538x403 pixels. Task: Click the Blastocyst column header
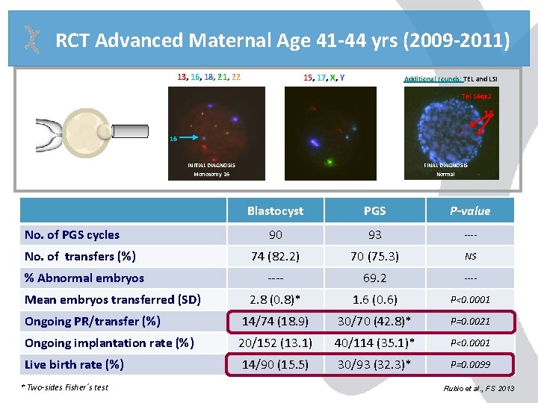tap(275, 210)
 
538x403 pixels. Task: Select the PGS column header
tap(374, 210)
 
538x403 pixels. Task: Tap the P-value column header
tap(470, 210)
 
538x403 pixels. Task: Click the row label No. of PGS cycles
tap(72, 234)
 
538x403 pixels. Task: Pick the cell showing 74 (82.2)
tap(275, 256)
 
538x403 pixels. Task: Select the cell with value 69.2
tap(374, 278)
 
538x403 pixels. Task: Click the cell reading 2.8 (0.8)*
tap(275, 299)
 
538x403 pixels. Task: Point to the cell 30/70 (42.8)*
tap(374, 321)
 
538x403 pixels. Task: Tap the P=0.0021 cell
tap(470, 321)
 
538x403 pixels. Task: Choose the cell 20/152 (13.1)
tap(275, 343)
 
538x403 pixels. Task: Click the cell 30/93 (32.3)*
tap(374, 364)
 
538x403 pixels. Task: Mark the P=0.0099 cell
tap(470, 364)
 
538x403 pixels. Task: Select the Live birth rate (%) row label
tap(74, 364)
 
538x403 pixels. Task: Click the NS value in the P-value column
tap(470, 256)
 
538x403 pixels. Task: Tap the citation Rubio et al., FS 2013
tap(477, 388)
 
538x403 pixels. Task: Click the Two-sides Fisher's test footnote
tap(65, 387)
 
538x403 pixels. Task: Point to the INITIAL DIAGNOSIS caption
tap(211, 165)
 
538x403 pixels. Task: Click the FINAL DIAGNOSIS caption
tap(446, 165)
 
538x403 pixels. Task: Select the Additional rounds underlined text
tap(432, 78)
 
